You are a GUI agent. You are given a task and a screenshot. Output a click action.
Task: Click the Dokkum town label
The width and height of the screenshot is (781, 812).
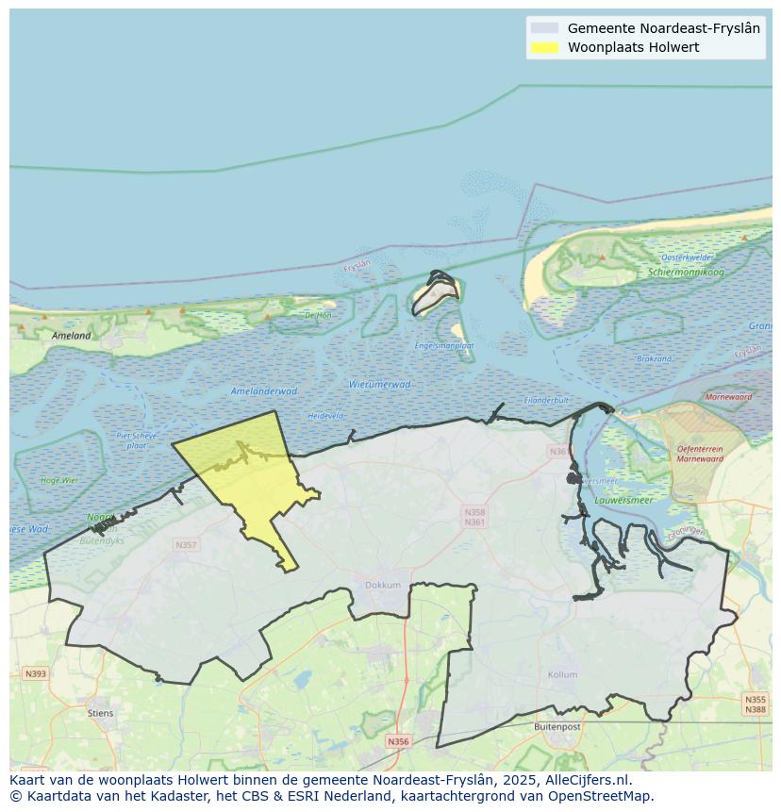tap(383, 585)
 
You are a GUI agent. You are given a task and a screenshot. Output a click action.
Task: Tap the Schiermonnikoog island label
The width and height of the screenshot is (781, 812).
tap(686, 273)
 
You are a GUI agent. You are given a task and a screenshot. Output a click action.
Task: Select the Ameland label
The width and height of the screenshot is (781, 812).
tap(72, 335)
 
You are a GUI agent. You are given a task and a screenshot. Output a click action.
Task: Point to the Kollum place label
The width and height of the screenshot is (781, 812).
tap(562, 674)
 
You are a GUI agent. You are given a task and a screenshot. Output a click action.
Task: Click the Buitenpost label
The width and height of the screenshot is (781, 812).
tap(557, 727)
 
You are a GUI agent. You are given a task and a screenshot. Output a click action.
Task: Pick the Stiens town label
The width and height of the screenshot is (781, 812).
tap(100, 713)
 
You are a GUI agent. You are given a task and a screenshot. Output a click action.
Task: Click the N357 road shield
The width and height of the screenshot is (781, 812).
tap(186, 545)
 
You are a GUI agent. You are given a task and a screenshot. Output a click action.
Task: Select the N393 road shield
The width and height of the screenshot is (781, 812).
tap(35, 673)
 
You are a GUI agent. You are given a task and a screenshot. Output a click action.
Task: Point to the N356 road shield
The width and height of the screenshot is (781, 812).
tap(398, 741)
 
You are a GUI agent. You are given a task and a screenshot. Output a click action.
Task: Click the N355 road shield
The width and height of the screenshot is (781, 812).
tap(755, 699)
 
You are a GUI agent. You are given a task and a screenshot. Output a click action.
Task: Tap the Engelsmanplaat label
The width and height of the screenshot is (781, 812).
tap(444, 346)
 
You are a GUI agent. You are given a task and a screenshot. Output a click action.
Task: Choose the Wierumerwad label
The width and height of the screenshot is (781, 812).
tap(379, 384)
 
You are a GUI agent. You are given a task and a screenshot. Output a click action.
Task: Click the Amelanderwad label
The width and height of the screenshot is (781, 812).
tap(264, 390)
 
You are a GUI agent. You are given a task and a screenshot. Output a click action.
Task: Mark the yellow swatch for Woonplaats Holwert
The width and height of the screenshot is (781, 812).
tap(544, 47)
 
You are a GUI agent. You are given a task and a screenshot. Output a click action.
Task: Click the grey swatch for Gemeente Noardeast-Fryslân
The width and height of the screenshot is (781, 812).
tap(544, 28)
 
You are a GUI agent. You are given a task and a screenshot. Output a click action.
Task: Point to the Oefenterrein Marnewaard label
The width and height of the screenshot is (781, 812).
tap(699, 454)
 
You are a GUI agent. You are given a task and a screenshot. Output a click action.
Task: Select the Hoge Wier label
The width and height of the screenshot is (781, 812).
tap(59, 480)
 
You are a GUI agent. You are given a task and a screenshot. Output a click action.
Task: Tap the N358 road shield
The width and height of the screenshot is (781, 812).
tap(474, 512)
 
